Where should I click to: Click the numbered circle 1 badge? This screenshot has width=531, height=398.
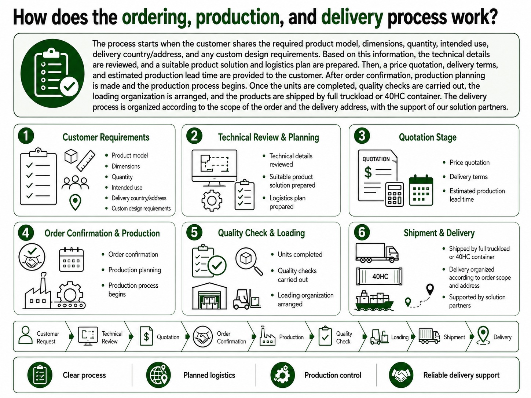click(x=26, y=136)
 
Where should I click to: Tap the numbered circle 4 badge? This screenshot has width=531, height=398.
click(x=26, y=233)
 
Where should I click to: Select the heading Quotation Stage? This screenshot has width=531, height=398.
click(x=428, y=137)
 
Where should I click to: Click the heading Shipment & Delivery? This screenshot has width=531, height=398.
click(x=439, y=233)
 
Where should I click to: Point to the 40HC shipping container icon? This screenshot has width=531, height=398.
click(x=379, y=276)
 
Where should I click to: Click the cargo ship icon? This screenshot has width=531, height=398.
click(x=374, y=301)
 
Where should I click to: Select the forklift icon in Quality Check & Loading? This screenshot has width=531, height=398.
click(x=247, y=299)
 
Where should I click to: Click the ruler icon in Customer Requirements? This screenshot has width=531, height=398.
click(x=86, y=161)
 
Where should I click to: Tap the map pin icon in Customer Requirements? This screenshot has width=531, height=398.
click(x=75, y=202)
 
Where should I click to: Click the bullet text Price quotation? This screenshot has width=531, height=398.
click(x=469, y=163)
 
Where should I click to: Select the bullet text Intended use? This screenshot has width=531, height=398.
click(x=127, y=188)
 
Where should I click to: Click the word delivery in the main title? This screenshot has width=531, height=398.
click(x=352, y=17)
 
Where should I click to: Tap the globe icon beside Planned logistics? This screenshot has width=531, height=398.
click(x=158, y=375)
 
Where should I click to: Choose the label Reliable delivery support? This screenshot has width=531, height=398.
click(x=461, y=375)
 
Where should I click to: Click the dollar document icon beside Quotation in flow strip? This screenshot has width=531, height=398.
click(x=146, y=336)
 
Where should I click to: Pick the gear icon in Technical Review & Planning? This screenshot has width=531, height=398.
click(x=212, y=200)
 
